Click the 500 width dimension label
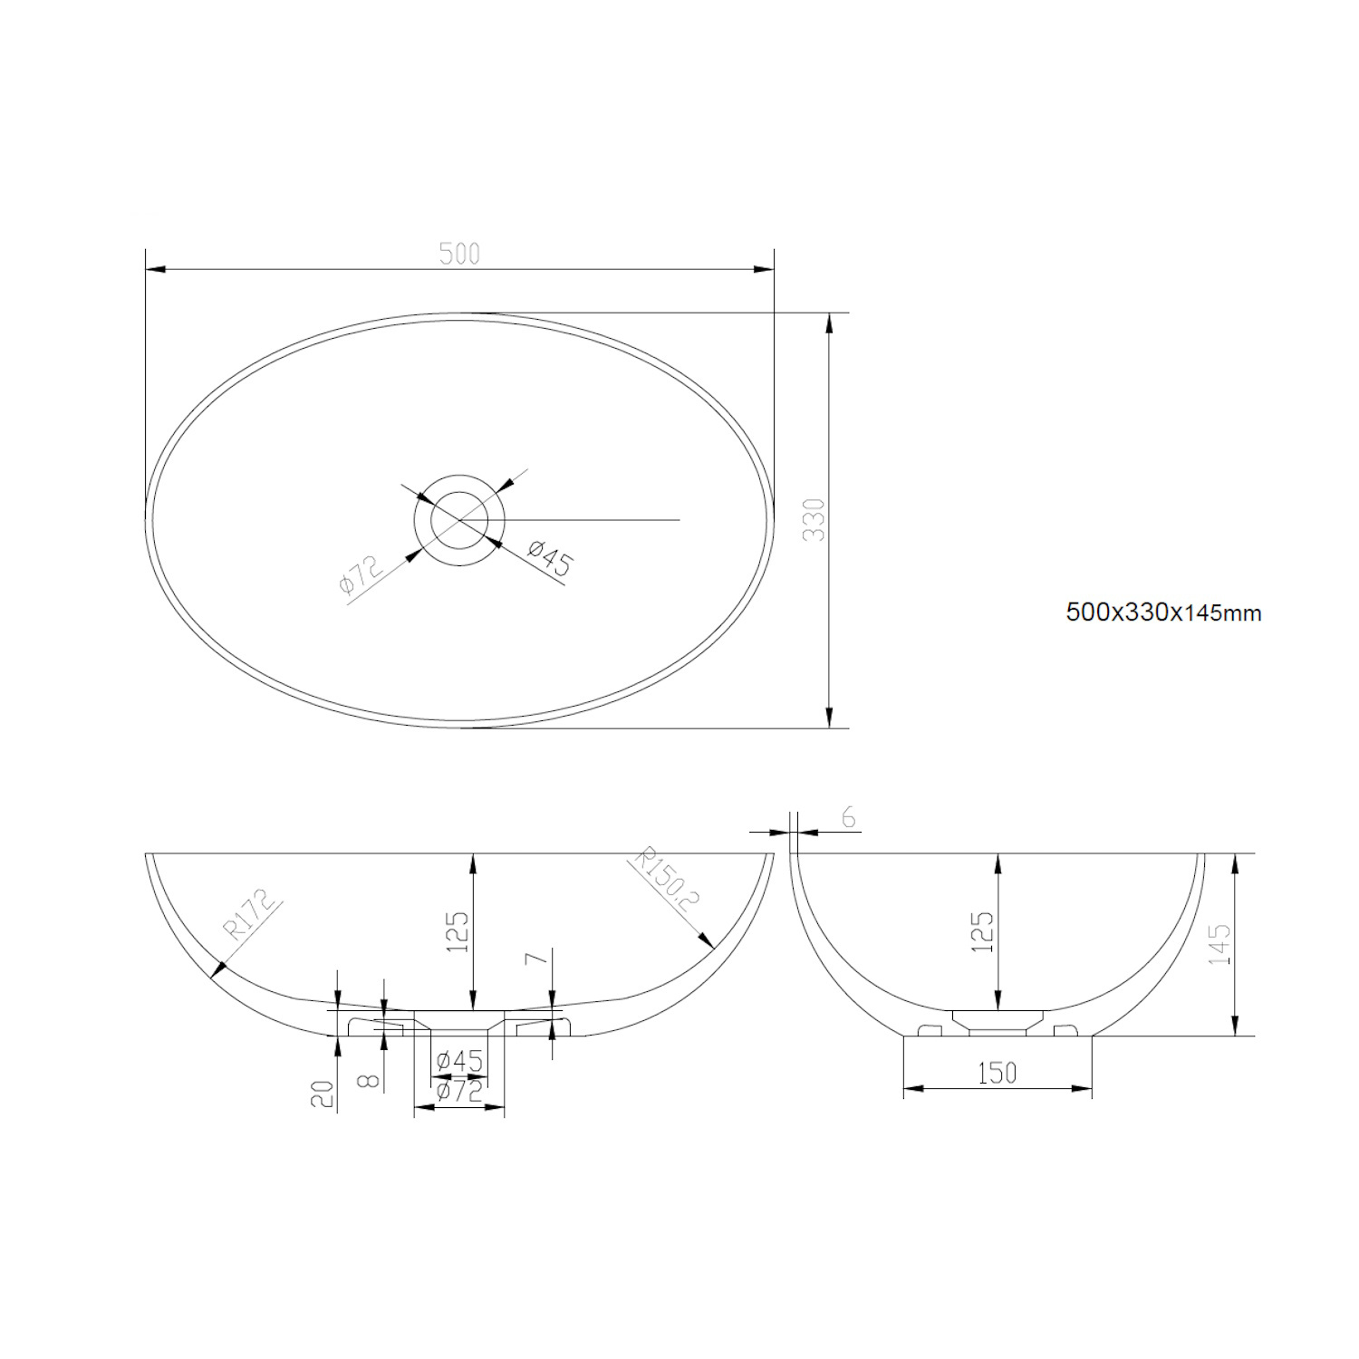(x=459, y=254)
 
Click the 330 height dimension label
(x=815, y=520)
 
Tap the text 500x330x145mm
(x=1163, y=613)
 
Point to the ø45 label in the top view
(x=550, y=559)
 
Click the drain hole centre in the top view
(x=458, y=520)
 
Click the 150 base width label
(x=997, y=1074)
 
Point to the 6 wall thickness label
(x=848, y=818)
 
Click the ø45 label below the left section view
(x=458, y=1061)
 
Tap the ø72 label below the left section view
(x=458, y=1092)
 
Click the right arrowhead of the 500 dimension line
(x=766, y=269)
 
